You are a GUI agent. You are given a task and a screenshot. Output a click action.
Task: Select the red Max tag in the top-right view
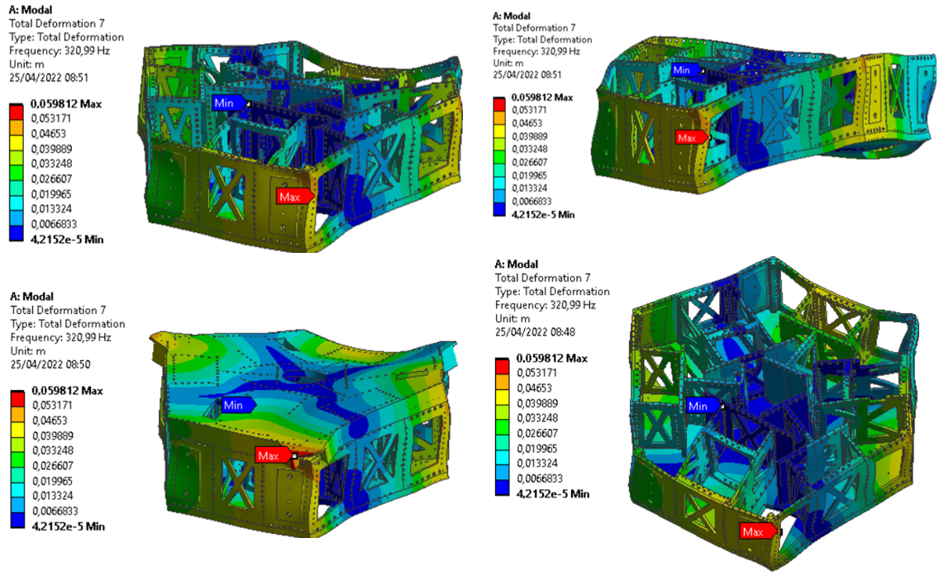691,138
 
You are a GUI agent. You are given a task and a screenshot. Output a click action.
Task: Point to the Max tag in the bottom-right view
757,531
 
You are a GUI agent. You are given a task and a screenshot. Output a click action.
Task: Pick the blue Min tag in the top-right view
686,69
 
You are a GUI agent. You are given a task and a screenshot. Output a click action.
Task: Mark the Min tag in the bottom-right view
703,406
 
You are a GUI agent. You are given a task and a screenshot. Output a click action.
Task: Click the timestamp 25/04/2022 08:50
50,364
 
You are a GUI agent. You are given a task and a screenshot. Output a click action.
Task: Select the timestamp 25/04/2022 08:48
535,331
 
